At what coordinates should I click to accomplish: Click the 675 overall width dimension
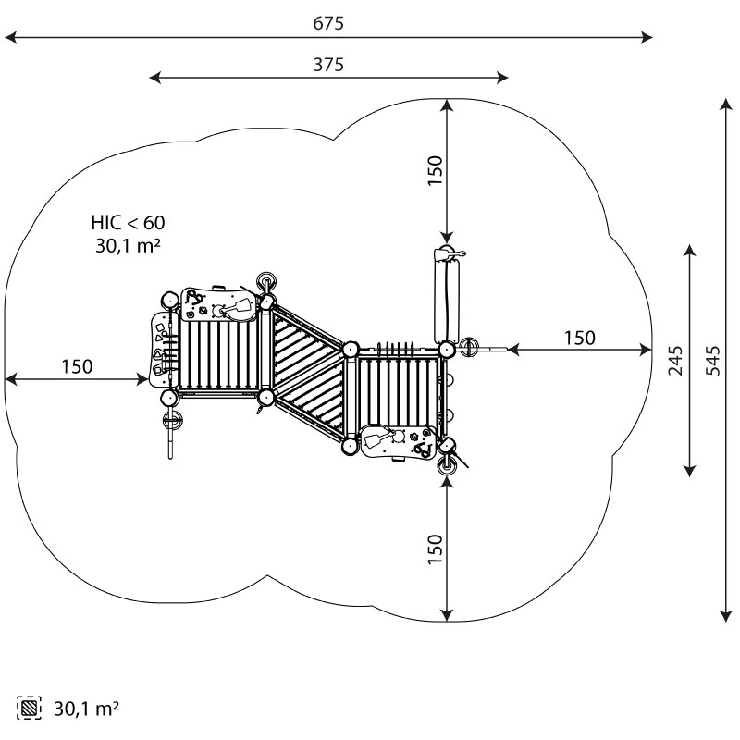(328, 23)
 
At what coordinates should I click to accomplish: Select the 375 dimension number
(328, 65)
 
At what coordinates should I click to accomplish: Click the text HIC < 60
(128, 222)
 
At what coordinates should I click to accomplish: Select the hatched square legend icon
(29, 709)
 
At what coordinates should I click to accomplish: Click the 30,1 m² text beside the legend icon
(86, 709)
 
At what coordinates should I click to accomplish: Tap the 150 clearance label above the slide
(436, 171)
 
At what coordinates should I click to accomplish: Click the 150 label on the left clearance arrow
(77, 366)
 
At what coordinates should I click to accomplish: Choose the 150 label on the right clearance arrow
(580, 338)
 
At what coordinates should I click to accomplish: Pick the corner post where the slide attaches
(447, 350)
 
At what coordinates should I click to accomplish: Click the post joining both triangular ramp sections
(351, 350)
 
